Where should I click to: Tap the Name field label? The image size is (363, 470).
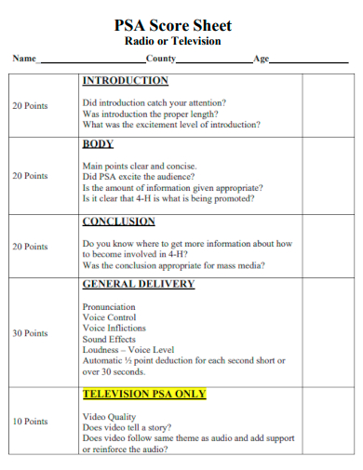[x=23, y=59]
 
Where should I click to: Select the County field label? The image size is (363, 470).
[x=160, y=59]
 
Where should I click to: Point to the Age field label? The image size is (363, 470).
[x=261, y=59]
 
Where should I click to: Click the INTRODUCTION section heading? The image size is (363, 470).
[x=126, y=81]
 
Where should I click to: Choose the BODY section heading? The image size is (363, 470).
[x=98, y=144]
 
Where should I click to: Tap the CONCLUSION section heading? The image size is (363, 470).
[x=119, y=222]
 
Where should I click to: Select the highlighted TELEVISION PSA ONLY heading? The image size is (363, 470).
[x=144, y=394]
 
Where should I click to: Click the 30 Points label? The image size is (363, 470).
[x=30, y=333]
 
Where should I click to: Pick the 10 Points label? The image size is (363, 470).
[x=30, y=422]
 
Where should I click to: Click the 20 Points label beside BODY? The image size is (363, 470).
[x=30, y=176]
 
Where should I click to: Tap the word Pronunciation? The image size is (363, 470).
[x=109, y=306]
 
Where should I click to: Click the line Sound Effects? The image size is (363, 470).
[x=109, y=340]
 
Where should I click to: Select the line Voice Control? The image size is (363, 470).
[x=110, y=317]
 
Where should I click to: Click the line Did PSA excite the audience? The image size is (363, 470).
[x=139, y=177]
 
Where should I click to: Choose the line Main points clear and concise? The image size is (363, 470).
[x=141, y=166]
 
